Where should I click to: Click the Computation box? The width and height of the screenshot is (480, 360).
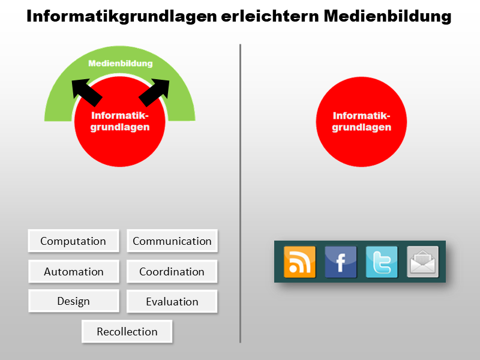[x=73, y=241]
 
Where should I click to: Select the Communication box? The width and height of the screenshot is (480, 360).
[x=172, y=241]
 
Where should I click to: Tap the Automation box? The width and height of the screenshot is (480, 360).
[x=73, y=271]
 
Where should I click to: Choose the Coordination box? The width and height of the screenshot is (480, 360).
[x=172, y=271]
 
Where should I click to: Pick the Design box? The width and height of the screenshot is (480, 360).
[x=73, y=301]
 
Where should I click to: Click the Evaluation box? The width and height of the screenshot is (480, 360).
[x=172, y=301]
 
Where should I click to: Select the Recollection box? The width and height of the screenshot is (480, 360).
[x=127, y=331]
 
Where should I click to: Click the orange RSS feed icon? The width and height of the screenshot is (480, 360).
[x=299, y=262]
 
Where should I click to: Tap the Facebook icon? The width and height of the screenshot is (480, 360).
[x=340, y=262]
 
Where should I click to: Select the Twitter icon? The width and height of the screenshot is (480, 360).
[x=382, y=262]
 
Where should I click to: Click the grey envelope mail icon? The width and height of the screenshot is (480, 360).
[x=422, y=262]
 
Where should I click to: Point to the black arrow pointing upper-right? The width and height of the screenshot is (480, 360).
[x=156, y=91]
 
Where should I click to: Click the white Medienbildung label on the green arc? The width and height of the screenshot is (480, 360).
[x=120, y=63]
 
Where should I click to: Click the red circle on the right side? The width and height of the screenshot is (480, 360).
[x=361, y=122]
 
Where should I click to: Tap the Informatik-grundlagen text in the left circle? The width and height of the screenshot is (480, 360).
[x=120, y=121]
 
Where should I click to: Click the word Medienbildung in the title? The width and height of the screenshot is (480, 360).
[x=388, y=17]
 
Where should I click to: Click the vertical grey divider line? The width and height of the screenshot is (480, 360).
[x=240, y=192]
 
